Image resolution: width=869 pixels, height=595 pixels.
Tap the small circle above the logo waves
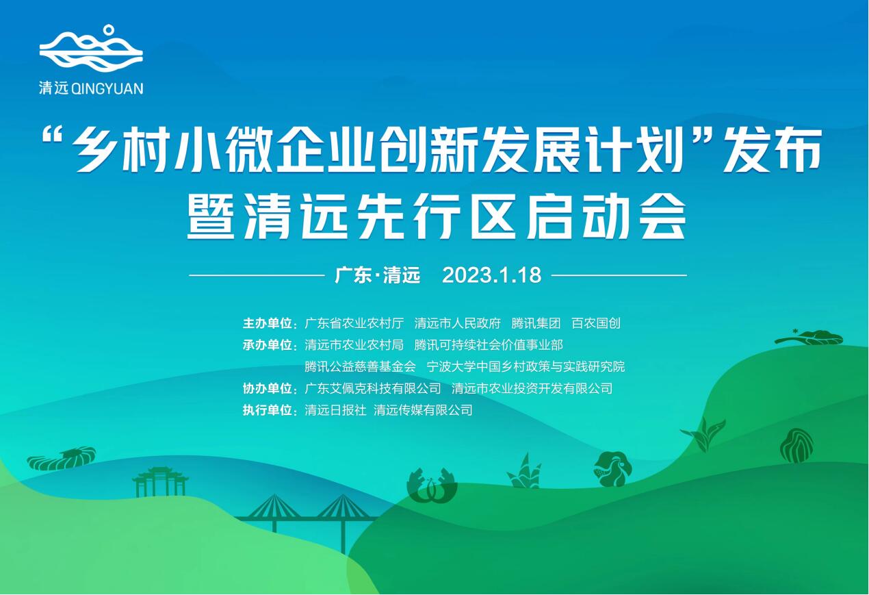pos(109,29)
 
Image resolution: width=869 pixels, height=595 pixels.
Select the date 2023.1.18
pos(491,275)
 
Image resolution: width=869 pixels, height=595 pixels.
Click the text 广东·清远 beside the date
pos(377,275)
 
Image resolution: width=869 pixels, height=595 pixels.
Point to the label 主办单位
pos(268,323)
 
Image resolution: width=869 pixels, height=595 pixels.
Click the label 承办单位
pos(268,345)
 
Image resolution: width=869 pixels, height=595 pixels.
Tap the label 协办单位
pos(268,389)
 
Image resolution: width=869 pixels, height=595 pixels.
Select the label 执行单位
pos(268,411)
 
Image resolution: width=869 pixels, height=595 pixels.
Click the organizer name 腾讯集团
pos(536,323)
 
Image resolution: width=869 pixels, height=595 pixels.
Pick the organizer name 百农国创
pos(595,323)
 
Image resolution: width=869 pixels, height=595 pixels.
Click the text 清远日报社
pos(335,411)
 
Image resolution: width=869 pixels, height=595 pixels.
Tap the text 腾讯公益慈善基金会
pos(360,367)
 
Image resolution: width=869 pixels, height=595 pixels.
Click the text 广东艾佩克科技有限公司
pos(373,389)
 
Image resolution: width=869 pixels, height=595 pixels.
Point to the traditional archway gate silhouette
pos(160,481)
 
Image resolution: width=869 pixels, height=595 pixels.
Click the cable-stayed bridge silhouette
pos(308,517)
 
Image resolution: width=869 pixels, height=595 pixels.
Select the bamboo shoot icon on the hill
pos(524,472)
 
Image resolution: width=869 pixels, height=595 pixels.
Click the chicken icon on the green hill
pos(612,468)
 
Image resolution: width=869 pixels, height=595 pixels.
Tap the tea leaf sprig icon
pos(703,434)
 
